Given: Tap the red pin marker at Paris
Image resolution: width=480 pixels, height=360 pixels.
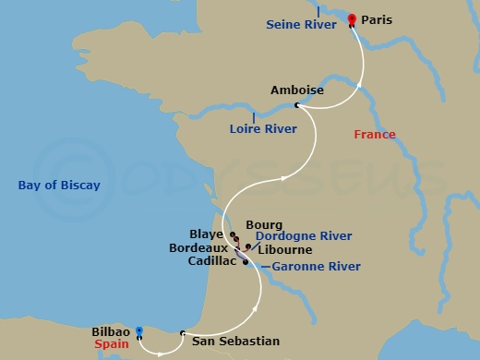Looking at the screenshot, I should click(352, 19).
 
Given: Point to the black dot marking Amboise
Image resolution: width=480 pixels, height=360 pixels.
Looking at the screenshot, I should click(296, 106).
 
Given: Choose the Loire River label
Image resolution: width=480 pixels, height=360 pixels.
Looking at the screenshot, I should click(263, 129).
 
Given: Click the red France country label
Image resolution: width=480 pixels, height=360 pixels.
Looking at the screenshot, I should click(375, 135).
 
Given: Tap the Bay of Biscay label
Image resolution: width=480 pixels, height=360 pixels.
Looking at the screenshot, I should click(59, 186).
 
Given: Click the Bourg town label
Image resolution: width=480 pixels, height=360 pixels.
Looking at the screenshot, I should click(264, 224).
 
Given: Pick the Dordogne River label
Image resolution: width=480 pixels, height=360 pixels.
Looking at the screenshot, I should click(304, 236).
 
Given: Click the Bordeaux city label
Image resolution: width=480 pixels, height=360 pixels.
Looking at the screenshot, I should click(198, 248).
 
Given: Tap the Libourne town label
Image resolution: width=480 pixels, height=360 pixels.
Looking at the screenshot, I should click(285, 249).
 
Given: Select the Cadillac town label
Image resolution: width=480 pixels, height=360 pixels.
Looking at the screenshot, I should click(211, 261).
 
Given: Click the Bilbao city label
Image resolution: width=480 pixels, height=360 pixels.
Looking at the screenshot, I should click(111, 330).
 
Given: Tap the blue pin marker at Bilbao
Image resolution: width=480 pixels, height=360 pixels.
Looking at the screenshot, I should click(138, 332).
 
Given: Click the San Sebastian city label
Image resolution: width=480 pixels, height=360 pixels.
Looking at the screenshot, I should click(234, 339).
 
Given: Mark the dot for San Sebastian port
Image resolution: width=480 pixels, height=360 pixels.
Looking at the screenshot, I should click(183, 332).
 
